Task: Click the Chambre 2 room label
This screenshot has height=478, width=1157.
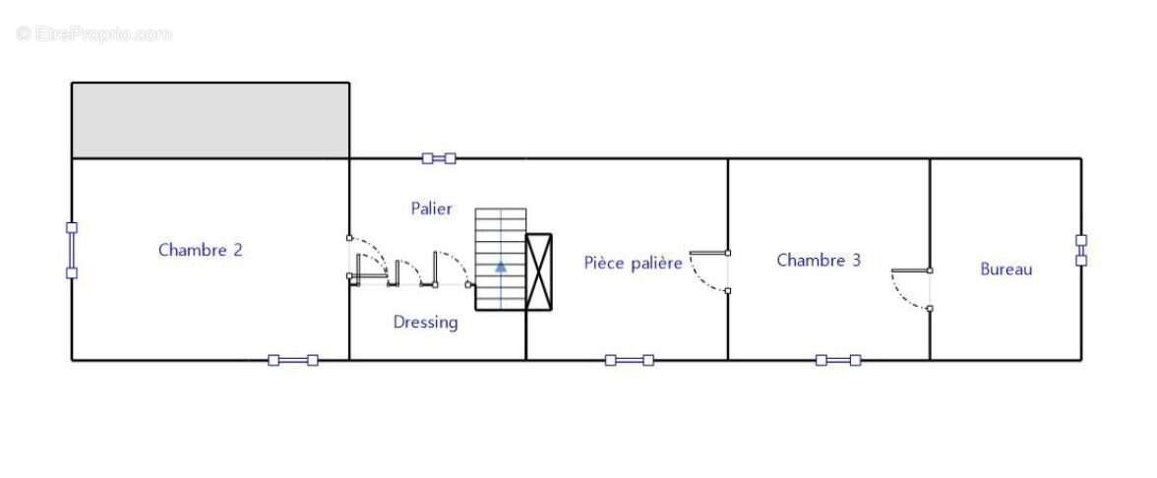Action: click(x=200, y=250)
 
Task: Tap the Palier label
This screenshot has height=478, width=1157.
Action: click(x=432, y=209)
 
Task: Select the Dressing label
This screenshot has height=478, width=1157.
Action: click(x=425, y=323)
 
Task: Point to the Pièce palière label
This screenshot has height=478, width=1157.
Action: click(x=634, y=263)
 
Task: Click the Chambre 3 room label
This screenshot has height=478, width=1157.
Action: click(x=819, y=261)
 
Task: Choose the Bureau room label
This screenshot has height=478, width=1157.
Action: click(x=1005, y=269)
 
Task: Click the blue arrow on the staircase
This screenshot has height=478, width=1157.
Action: click(x=501, y=267)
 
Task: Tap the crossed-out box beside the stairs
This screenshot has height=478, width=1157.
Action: click(x=539, y=271)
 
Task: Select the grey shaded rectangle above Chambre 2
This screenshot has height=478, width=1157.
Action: click(x=211, y=120)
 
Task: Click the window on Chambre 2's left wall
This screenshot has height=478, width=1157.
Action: click(x=72, y=251)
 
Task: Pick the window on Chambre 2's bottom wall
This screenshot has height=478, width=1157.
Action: click(x=293, y=360)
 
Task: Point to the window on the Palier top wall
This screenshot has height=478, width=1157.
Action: click(x=439, y=157)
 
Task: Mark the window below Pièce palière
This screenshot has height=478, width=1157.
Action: click(x=630, y=360)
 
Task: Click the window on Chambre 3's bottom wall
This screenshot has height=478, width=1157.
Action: click(x=838, y=360)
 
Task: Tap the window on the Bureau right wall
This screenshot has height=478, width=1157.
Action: click(x=1081, y=250)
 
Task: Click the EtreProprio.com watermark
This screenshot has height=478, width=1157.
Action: click(x=94, y=33)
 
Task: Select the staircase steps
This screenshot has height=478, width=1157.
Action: click(x=500, y=259)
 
